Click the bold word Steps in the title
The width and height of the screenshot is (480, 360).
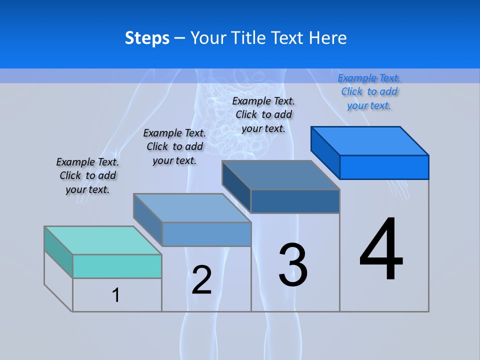[147, 38]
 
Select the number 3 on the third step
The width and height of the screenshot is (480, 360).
[293, 265]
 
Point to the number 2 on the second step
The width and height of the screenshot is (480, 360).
[201, 280]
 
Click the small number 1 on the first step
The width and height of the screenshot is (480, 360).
[116, 295]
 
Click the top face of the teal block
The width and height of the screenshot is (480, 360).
[103, 240]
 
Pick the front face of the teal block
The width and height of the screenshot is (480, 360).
[117, 266]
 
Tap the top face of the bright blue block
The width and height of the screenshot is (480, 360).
[370, 140]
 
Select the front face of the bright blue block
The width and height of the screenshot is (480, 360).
[384, 167]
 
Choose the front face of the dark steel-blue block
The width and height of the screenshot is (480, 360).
[295, 201]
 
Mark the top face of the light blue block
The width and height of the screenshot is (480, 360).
[192, 207]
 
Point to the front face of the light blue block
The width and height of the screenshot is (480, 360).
[206, 234]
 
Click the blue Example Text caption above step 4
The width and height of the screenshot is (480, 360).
[369, 91]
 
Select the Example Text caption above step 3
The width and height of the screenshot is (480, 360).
[263, 114]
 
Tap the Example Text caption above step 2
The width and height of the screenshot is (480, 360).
[174, 146]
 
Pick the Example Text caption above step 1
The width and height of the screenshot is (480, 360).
[87, 175]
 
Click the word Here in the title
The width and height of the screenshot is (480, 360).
[328, 38]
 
